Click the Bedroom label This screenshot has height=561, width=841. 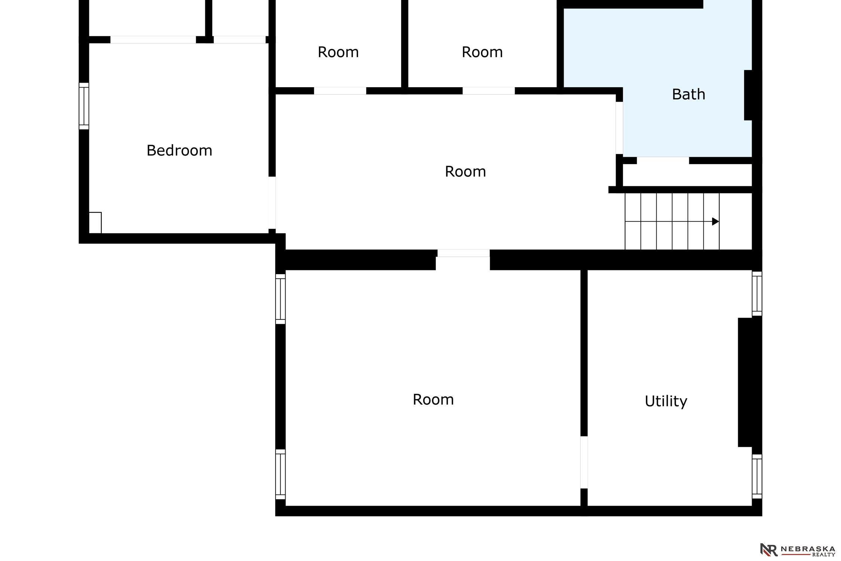(179, 151)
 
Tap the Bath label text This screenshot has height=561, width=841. (688, 94)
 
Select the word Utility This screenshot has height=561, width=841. (666, 401)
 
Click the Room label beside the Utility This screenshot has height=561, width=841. (433, 399)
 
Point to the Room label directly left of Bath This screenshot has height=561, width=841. (482, 52)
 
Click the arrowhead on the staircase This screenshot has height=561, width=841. (715, 221)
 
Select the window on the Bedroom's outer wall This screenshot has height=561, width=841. (84, 106)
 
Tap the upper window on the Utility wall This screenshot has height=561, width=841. (757, 294)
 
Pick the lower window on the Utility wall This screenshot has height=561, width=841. (757, 476)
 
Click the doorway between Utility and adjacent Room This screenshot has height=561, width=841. (584, 462)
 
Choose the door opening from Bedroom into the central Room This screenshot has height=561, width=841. (272, 203)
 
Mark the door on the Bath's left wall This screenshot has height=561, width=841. (619, 128)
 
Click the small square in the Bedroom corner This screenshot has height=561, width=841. (95, 223)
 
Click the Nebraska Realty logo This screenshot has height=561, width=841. (798, 550)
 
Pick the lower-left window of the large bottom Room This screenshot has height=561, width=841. (280, 474)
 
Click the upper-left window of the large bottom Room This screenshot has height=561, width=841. (280, 299)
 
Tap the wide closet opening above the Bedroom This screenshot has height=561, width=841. (153, 40)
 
